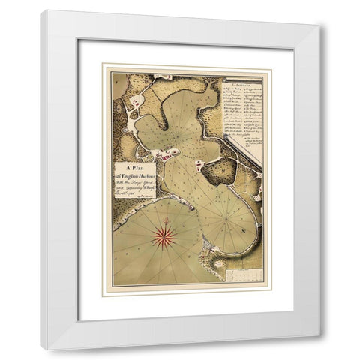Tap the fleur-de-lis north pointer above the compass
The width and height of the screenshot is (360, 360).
pos(163,219)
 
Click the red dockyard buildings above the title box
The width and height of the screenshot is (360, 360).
pos(166,154)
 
